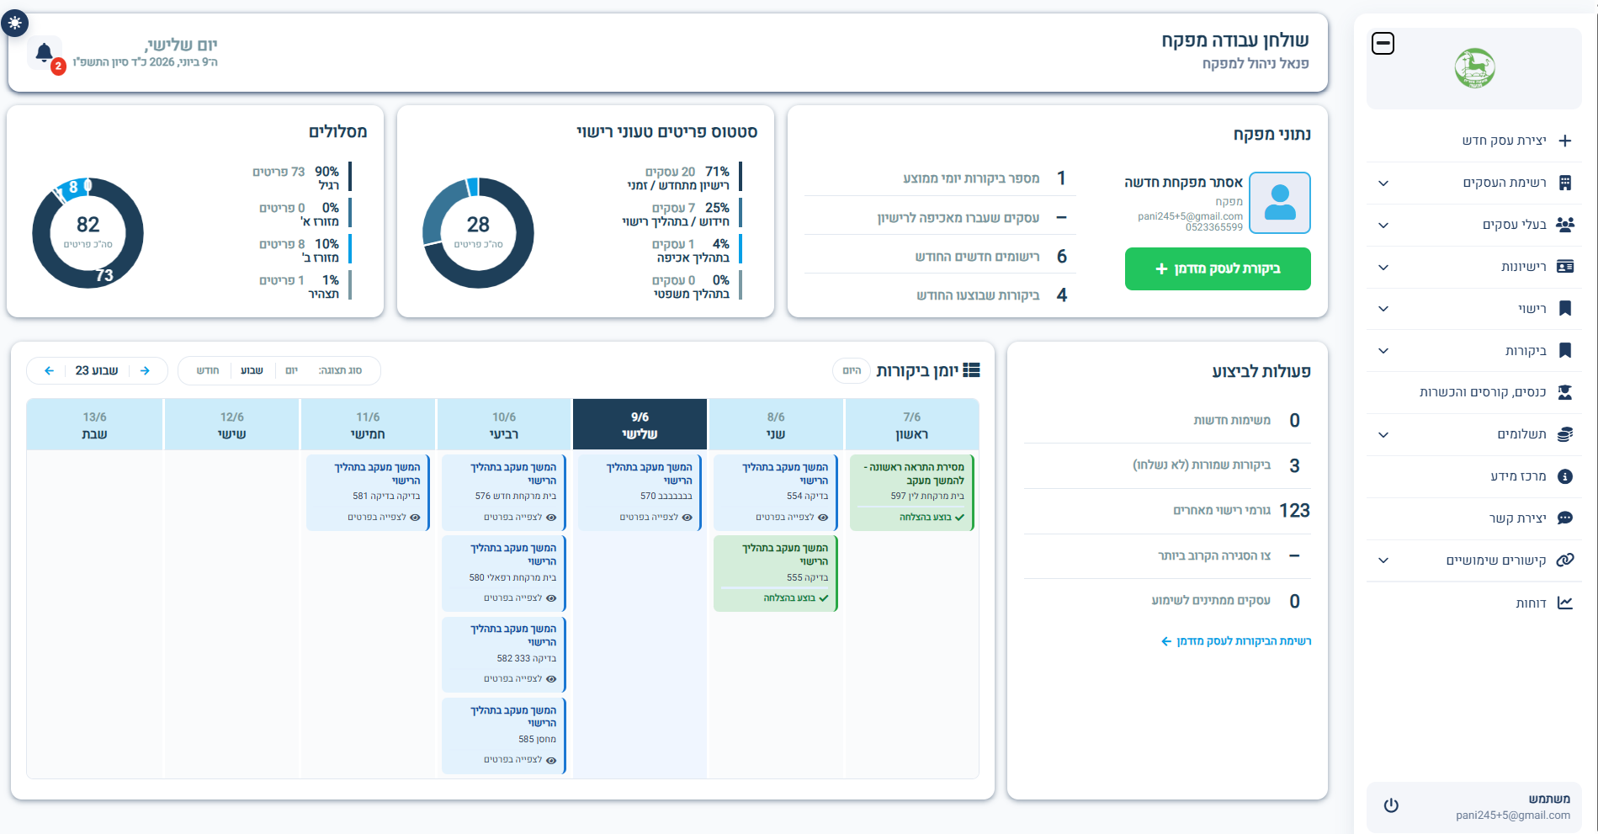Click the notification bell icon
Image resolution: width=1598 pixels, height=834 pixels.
tap(45, 53)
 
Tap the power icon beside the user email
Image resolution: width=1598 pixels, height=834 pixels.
tap(1391, 805)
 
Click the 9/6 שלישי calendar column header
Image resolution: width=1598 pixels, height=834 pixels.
tap(640, 425)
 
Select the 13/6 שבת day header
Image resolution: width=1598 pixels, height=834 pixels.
tap(94, 425)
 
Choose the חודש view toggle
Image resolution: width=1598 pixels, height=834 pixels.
tap(208, 370)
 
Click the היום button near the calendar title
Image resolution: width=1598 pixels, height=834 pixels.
tap(852, 370)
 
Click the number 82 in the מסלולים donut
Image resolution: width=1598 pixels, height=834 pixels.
tap(88, 225)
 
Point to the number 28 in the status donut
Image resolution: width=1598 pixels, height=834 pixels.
tap(478, 225)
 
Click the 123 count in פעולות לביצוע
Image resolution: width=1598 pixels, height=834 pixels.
tap(1294, 511)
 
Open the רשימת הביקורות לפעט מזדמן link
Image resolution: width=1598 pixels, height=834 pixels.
tap(1236, 641)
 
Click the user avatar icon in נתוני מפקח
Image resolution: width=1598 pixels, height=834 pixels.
tap(1280, 203)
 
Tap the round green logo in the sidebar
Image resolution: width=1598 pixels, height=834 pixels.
tap(1475, 68)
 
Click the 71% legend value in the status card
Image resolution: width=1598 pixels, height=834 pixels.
tap(717, 172)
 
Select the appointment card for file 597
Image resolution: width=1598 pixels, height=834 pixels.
tap(911, 492)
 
